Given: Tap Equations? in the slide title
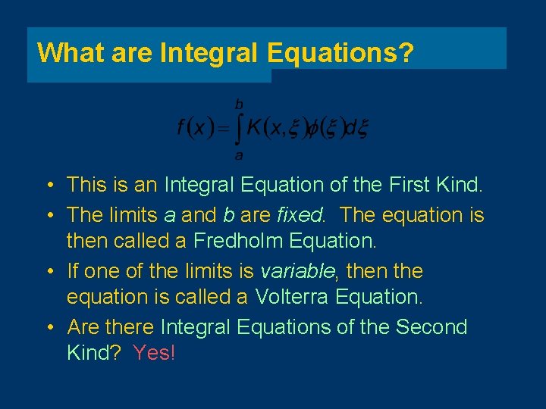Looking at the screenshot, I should click(x=340, y=52).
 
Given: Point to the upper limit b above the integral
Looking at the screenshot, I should click(x=239, y=103).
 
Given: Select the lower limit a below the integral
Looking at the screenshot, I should click(x=239, y=156).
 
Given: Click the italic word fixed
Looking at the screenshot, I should click(x=300, y=215).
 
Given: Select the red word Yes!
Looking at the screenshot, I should click(x=153, y=353).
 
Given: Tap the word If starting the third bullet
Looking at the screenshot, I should click(x=73, y=271).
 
